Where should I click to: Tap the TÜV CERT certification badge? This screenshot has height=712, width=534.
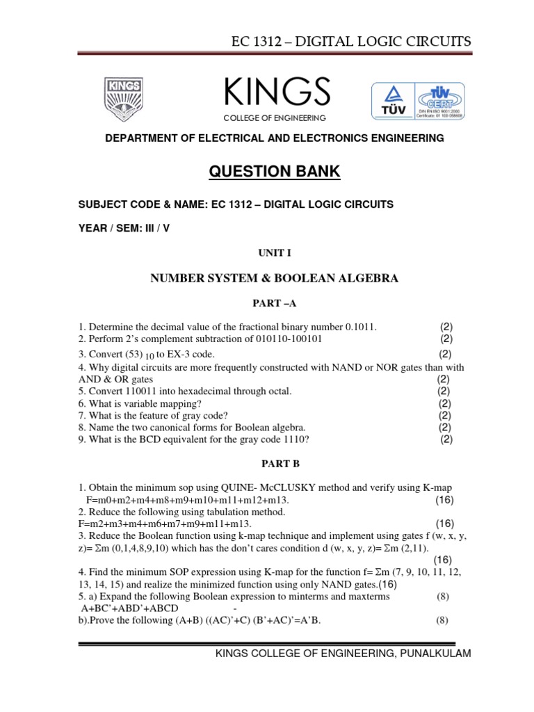tap(419, 102)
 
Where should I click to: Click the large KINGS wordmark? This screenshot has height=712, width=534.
tap(276, 93)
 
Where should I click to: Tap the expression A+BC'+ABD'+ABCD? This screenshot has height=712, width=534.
tap(130, 607)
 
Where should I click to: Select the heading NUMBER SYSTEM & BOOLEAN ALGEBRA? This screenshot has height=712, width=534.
tap(275, 278)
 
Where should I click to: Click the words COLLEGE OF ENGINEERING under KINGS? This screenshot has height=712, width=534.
tap(274, 119)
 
